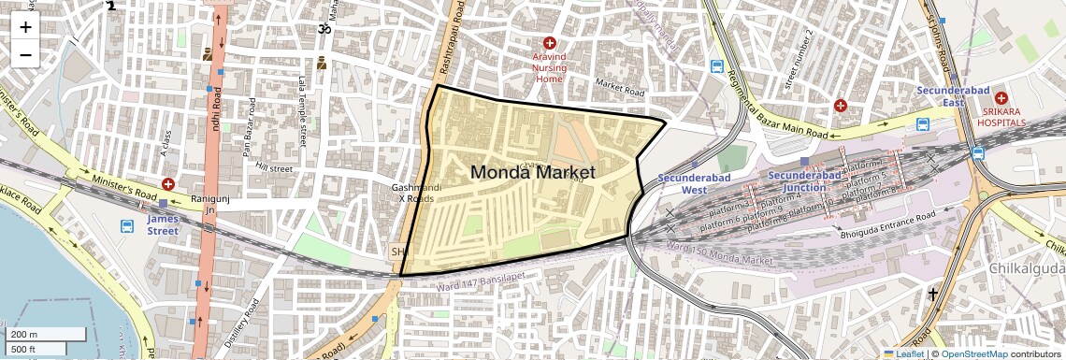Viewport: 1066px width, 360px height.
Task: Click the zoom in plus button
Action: click(25, 27)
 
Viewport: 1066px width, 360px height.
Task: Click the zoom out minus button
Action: click(25, 54)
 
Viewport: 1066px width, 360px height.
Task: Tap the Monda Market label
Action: click(532, 172)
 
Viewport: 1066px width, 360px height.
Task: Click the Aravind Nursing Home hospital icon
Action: click(550, 44)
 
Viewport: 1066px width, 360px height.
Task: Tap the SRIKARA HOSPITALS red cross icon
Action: click(1001, 98)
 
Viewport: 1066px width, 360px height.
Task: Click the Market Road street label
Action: click(621, 89)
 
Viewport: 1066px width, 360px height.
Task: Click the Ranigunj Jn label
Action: click(203, 205)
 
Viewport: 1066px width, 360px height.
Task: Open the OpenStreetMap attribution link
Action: click(973, 353)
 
